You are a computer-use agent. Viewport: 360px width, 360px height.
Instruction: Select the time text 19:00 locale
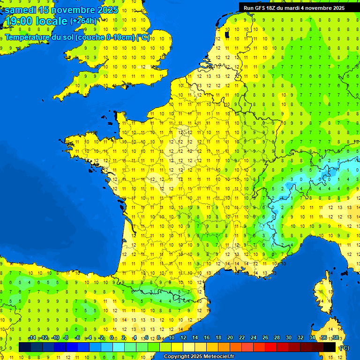pos(36,21)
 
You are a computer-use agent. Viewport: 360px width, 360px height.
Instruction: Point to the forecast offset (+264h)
pos(83,21)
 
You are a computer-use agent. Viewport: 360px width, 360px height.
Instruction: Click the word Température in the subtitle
pos(28,37)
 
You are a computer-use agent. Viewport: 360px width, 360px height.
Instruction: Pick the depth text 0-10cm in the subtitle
pos(120,37)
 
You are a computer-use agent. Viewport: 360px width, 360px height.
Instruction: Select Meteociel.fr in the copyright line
pos(219,357)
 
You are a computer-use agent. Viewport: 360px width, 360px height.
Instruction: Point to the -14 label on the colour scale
pos(32,338)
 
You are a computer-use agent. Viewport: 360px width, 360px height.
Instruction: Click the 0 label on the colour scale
pos(112,338)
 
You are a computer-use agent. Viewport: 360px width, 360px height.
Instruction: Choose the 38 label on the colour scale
pos(335,338)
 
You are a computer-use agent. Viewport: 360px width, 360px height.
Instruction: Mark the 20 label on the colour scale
pos(230,338)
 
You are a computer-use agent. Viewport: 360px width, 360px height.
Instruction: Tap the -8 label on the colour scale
pos(66,338)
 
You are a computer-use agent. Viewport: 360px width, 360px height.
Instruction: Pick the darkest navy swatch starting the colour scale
pos(25,347)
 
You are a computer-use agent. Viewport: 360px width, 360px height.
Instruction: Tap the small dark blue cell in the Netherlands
pos(227,34)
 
